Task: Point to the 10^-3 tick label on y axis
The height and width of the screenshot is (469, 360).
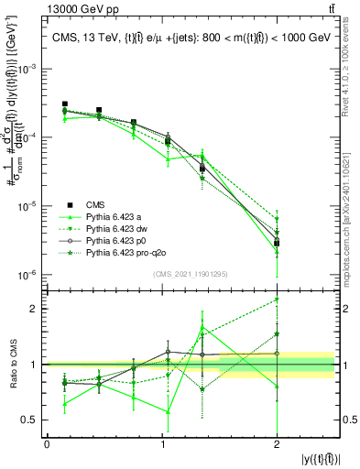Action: pos(29,69)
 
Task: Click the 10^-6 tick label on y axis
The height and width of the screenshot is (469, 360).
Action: pos(29,275)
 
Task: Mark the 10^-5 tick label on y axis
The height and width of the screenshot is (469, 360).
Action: pos(29,206)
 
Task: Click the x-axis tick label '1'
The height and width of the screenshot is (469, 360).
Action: pos(161,445)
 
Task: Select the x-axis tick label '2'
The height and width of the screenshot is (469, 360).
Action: pos(276,445)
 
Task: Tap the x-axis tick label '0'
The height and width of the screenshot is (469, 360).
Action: pos(47,445)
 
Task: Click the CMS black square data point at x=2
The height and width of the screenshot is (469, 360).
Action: pos(277,243)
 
